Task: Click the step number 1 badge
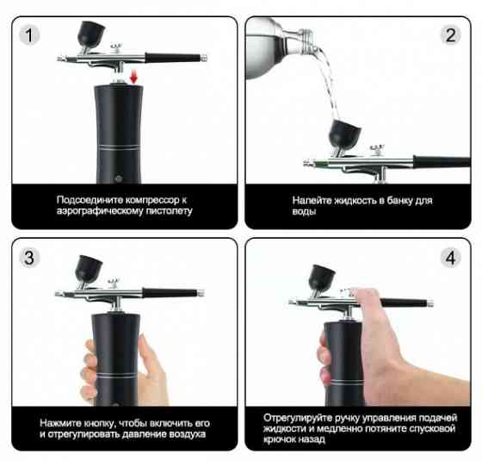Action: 29,34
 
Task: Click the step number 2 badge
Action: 450,34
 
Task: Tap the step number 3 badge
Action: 29,258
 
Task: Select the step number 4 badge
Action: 450,258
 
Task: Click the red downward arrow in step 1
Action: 133,77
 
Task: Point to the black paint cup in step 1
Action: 90,34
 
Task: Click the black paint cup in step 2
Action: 344,134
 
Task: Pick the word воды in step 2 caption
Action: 304,211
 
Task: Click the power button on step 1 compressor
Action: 119,178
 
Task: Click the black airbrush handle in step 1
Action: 173,58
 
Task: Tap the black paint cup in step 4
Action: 322,277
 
